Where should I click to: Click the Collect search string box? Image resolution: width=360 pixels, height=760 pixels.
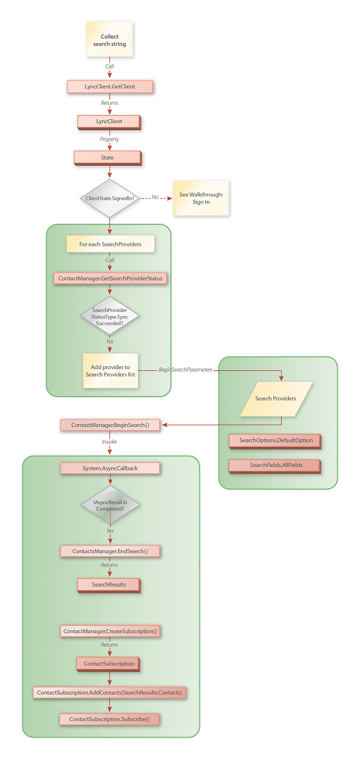[x=109, y=40]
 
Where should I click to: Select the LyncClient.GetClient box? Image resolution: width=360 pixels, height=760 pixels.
[x=110, y=86]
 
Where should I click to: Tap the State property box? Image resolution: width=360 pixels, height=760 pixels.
[x=107, y=157]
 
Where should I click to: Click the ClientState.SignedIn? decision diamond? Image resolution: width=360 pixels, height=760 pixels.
[x=109, y=199]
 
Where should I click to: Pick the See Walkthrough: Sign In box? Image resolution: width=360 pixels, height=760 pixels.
[x=200, y=198]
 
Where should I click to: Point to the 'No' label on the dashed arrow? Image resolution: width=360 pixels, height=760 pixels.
[x=155, y=197]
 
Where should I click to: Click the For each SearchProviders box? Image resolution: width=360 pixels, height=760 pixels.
[x=110, y=244]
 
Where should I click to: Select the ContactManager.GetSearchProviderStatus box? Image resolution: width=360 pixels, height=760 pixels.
[x=110, y=279]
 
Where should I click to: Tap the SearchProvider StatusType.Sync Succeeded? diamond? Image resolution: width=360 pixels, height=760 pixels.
[x=110, y=316]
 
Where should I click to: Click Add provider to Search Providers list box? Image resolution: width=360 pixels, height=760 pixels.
[x=110, y=370]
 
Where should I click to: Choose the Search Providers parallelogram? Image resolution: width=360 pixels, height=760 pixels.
[x=276, y=398]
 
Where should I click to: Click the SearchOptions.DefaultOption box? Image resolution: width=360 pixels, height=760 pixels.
[x=276, y=440]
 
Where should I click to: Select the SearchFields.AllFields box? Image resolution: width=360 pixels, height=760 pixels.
[x=275, y=465]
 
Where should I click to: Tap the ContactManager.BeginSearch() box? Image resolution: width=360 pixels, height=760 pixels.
[x=110, y=425]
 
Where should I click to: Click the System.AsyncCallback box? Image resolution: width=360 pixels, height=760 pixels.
[x=110, y=468]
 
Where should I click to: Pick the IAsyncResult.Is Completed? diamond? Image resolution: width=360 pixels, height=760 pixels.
[x=110, y=504]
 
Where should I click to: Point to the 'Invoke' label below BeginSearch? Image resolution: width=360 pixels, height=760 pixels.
[x=109, y=442]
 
